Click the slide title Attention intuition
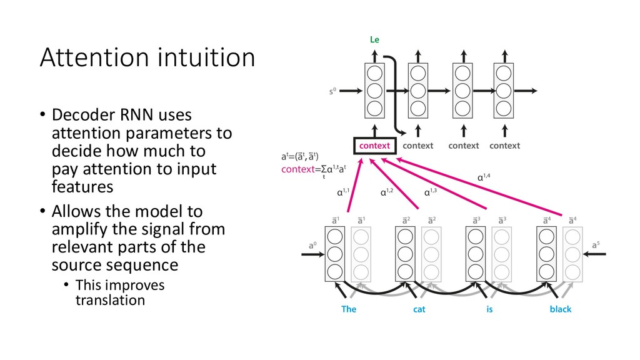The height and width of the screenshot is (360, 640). coord(147,59)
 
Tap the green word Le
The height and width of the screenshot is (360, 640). coord(374,39)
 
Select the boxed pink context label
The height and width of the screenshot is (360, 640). coord(374,146)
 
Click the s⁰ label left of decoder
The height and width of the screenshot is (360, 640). coord(335,91)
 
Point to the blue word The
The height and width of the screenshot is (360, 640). coord(349,309)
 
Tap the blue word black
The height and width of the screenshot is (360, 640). coord(560,309)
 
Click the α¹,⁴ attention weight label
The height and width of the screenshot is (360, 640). coord(484,177)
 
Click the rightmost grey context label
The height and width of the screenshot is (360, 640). coord(504,146)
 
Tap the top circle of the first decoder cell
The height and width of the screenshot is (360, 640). coord(374,72)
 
